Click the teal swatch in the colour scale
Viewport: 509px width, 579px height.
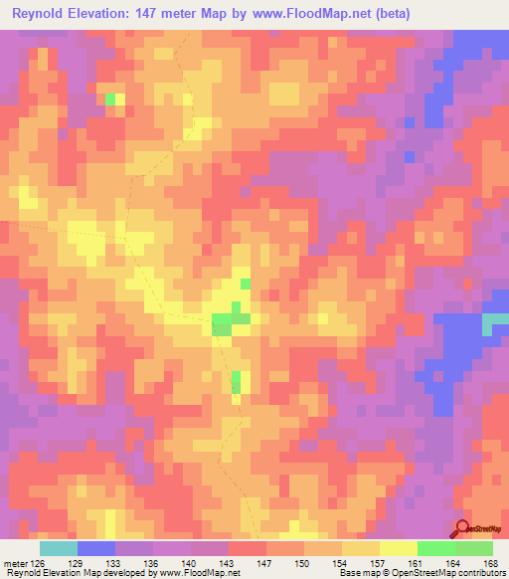[59, 548]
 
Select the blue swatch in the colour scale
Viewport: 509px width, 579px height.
[96, 548]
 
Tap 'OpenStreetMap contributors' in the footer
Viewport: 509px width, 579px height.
[453, 573]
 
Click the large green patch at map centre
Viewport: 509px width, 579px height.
[231, 322]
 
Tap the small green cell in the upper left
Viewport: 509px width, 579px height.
[110, 98]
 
